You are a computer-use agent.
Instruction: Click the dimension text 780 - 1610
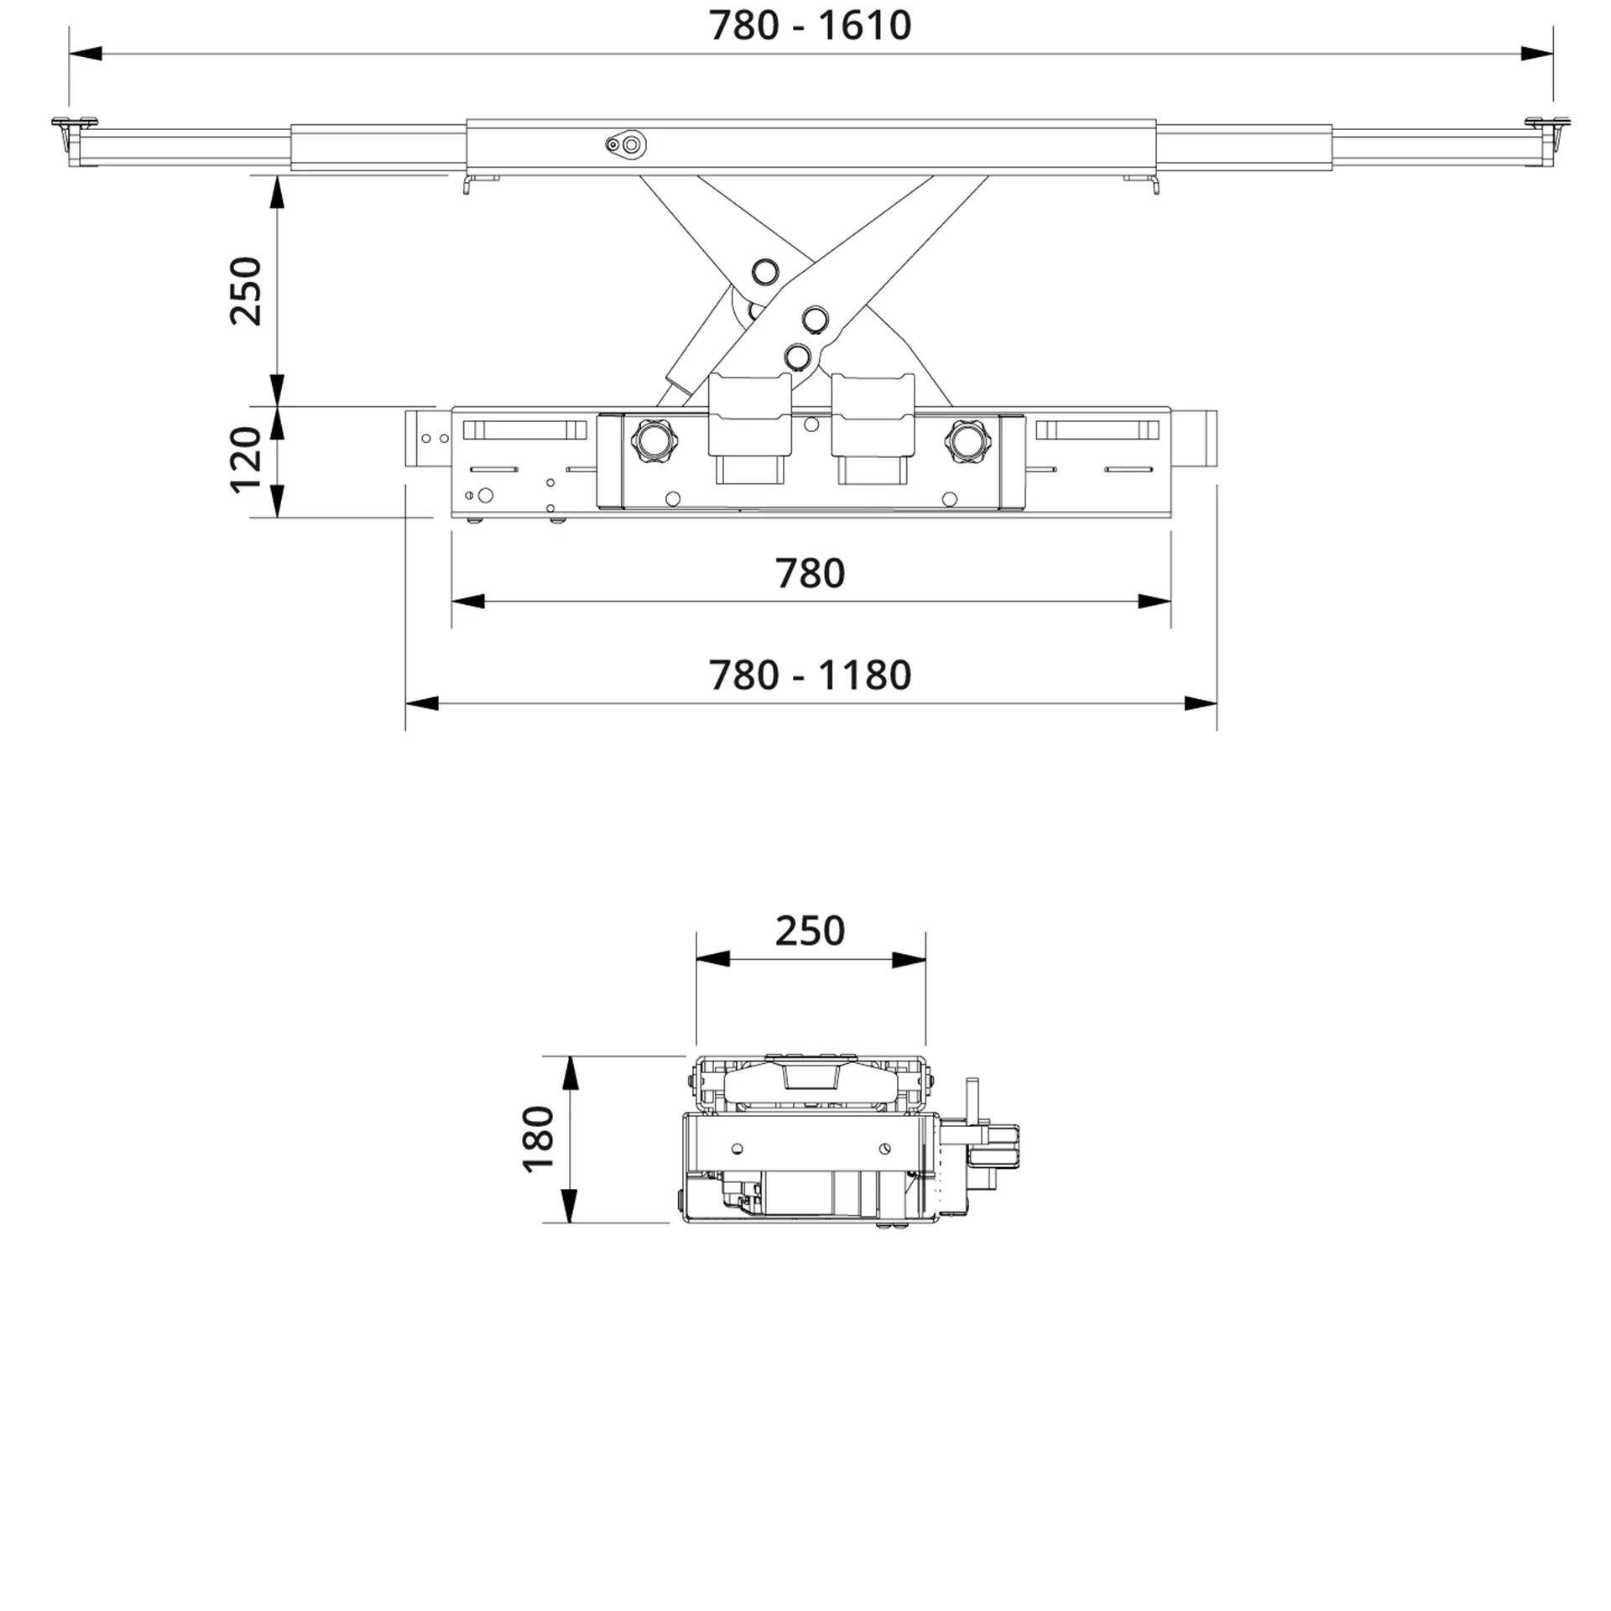[810, 25]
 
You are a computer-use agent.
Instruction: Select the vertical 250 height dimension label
[247, 290]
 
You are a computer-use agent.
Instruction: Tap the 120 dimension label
[247, 459]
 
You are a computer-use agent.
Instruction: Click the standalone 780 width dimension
[810, 573]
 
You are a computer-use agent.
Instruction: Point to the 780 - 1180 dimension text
[810, 675]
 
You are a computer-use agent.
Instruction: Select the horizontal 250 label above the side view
[810, 931]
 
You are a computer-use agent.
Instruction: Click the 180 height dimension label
[539, 1139]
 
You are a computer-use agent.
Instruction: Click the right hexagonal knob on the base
[967, 439]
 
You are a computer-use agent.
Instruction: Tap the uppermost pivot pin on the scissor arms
[764, 271]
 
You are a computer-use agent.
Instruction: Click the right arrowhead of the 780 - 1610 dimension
[1537, 54]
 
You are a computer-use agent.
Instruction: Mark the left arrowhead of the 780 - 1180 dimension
[421, 703]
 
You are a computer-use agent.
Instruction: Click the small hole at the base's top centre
[811, 425]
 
